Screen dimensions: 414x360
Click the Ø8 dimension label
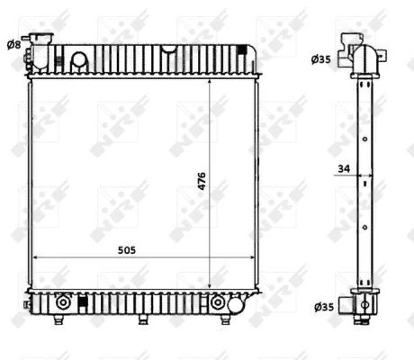(x=13, y=45)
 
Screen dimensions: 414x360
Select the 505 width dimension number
(x=127, y=250)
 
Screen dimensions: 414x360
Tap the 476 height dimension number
(x=202, y=181)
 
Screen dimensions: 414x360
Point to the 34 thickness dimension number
(x=344, y=168)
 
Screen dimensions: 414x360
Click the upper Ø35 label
(x=320, y=59)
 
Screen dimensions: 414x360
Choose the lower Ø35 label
(x=324, y=307)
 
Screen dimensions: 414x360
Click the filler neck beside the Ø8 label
(x=41, y=51)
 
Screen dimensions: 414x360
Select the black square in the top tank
(x=241, y=49)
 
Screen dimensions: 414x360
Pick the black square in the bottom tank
(x=81, y=301)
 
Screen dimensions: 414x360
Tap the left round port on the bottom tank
(x=62, y=302)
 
